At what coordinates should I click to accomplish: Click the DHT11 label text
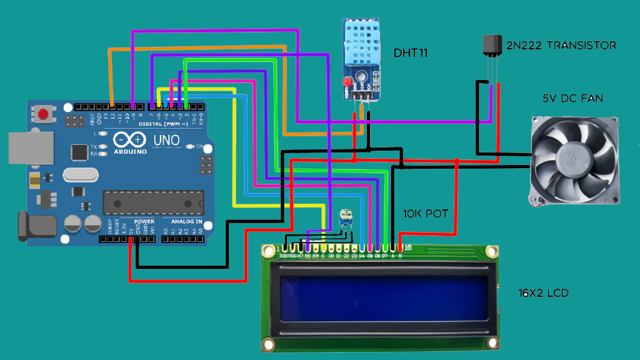pos(411,52)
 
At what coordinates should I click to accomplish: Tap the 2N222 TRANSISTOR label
pos(561,45)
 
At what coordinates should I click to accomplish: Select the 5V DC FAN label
pos(572,99)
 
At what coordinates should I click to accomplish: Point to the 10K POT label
pos(425,213)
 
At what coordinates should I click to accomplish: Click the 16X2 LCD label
pos(543,292)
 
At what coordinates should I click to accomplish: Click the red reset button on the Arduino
pos(43,114)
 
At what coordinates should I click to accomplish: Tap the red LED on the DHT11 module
pos(346,82)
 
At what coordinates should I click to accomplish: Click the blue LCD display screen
pos(383,301)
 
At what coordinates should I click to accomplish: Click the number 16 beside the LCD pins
pos(407,248)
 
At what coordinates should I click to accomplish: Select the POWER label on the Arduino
pos(144,222)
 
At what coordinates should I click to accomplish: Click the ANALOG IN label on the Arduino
pos(186,222)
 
